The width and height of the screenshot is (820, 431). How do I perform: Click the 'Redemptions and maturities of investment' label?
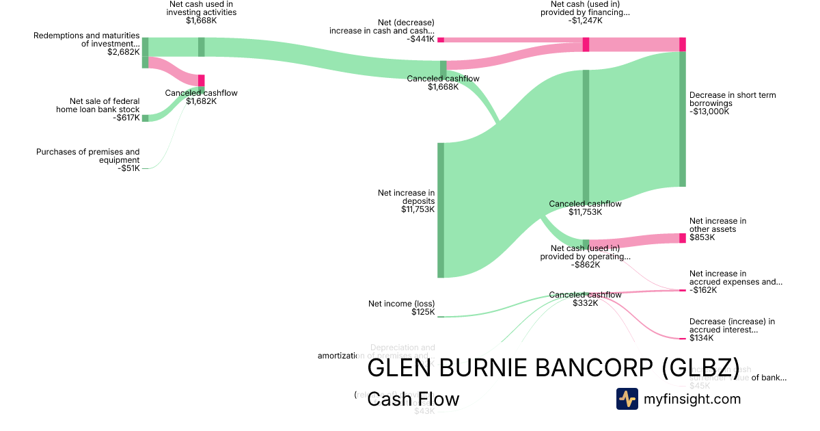(86, 40)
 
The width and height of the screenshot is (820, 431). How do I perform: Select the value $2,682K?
(124, 52)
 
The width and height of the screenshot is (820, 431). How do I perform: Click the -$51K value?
(128, 168)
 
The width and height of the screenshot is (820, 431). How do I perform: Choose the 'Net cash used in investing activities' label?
(202, 8)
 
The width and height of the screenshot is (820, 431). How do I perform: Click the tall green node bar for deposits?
(441, 210)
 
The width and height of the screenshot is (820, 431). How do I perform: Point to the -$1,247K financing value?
(585, 21)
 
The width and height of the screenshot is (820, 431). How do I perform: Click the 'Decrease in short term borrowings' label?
(733, 99)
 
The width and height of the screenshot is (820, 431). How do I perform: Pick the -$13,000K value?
(709, 112)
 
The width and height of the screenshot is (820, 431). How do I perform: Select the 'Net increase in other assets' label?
(717, 225)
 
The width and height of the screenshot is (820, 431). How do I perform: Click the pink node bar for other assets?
(682, 238)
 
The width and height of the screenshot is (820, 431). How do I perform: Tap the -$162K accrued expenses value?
(703, 290)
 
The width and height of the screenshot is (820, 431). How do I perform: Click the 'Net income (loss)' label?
(401, 304)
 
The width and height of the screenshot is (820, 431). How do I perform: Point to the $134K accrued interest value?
(701, 338)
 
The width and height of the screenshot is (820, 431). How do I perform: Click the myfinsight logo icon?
(627, 399)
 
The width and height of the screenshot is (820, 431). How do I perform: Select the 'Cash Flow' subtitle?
(413, 399)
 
